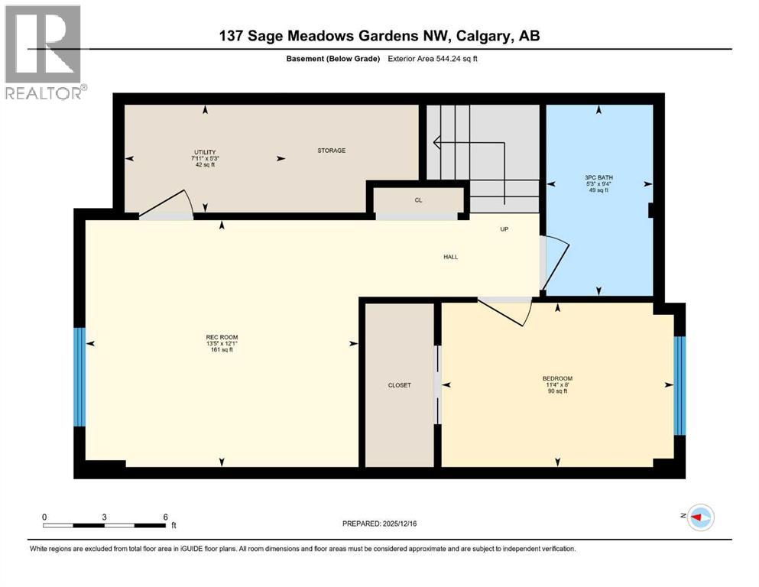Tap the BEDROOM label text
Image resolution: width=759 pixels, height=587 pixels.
[557, 378]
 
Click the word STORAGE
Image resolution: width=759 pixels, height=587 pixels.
[332, 151]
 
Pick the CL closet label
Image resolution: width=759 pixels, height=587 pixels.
[418, 200]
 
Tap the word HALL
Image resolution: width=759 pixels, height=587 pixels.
[451, 257]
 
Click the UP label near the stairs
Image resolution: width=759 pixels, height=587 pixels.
[504, 229]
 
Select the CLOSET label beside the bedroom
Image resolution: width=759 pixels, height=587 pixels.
[399, 385]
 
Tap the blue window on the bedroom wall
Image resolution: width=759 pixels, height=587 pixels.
[679, 384]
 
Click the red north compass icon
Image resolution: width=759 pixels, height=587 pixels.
[699, 517]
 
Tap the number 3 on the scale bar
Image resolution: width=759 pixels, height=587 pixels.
[104, 517]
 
